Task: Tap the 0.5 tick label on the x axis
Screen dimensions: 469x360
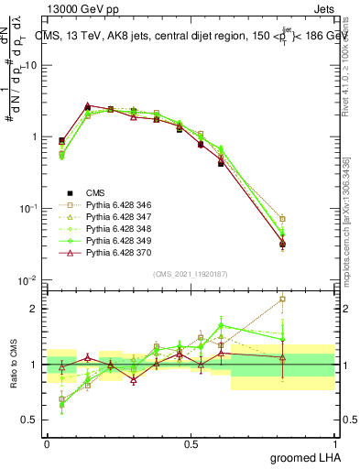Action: point(191,444)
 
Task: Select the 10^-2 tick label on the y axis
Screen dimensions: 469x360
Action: point(29,280)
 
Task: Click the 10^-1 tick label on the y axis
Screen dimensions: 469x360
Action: point(29,209)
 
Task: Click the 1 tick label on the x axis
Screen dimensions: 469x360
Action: point(335,444)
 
